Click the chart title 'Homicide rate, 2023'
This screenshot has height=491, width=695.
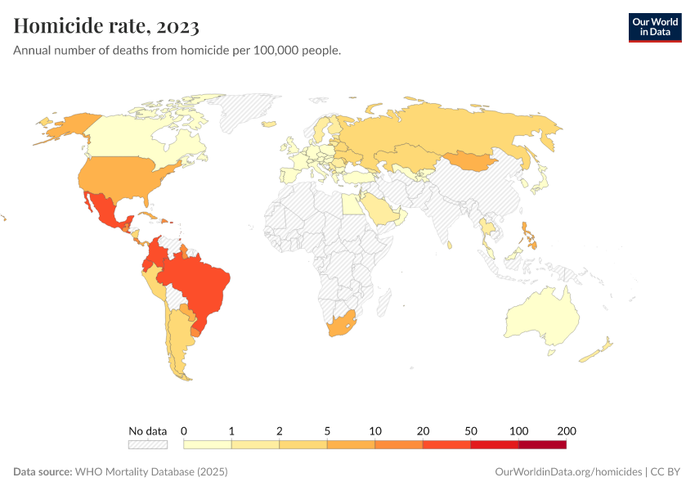[106, 26]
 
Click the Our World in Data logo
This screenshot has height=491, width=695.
[654, 27]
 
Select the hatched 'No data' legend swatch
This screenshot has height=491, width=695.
[147, 444]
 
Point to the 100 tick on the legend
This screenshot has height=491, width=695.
[518, 430]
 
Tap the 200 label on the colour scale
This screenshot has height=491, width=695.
[566, 430]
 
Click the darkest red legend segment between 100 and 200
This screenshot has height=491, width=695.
[542, 444]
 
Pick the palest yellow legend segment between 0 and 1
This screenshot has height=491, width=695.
[208, 444]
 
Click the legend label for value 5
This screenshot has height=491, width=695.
[327, 430]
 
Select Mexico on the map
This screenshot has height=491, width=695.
[102, 210]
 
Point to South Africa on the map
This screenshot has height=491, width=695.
[341, 325]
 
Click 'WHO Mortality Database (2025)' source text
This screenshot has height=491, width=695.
[151, 472]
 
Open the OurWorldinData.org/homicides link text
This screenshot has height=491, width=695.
[567, 472]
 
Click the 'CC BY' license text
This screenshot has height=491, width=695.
[666, 472]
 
